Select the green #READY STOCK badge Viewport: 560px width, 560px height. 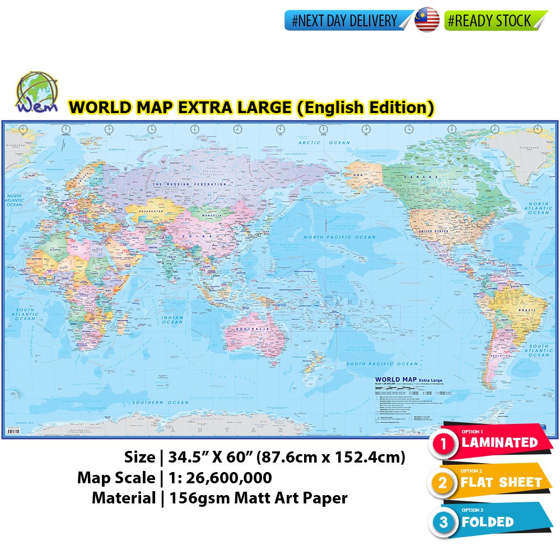tap(493, 21)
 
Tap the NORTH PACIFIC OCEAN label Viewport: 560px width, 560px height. tap(340, 237)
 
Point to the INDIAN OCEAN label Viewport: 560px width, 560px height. tap(172, 319)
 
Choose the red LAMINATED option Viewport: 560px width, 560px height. tap(498, 442)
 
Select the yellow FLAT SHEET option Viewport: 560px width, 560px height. tap(501, 482)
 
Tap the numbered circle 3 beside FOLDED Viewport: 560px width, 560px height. tap(444, 522)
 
